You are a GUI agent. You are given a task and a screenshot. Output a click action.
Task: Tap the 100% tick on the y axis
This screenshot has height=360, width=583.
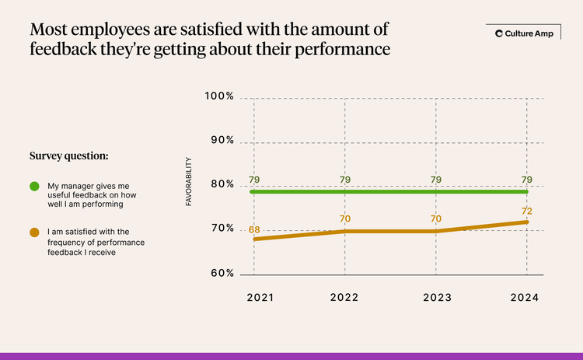point(220,96)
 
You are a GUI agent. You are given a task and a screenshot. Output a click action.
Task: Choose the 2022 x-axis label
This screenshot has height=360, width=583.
point(344,297)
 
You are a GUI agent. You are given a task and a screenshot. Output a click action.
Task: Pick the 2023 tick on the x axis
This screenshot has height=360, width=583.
point(435,297)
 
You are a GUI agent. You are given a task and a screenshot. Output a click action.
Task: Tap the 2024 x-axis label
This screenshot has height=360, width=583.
point(526,297)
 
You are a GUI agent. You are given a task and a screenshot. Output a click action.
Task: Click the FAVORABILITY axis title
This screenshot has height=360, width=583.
point(189,182)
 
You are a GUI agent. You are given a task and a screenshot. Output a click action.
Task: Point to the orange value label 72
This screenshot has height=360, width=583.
point(527,211)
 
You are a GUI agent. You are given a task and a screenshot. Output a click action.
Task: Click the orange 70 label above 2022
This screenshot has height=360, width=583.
point(345,219)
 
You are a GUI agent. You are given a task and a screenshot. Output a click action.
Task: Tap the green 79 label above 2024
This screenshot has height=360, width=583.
point(527,180)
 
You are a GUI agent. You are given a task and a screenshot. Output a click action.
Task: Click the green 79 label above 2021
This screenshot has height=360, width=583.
point(254,180)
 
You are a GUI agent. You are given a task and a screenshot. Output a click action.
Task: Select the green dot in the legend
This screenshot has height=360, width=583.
point(35,187)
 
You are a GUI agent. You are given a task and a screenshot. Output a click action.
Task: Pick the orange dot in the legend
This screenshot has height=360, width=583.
point(35,232)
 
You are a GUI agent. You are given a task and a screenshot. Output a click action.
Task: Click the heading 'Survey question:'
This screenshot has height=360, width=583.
point(68,156)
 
